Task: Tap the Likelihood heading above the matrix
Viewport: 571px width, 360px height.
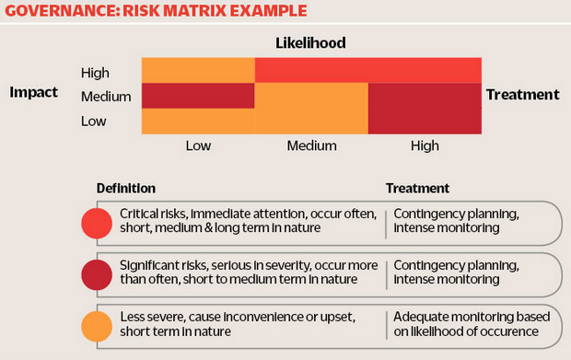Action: point(310,42)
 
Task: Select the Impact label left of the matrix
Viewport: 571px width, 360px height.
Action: point(33,93)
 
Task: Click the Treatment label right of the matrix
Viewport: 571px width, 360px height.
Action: point(522,94)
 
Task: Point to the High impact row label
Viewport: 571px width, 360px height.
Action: point(95,71)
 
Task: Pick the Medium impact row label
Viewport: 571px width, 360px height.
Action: point(106,97)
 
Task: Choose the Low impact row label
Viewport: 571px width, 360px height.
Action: point(93,122)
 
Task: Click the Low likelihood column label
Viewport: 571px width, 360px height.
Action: point(198,145)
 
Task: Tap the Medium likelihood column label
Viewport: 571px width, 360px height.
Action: point(311,145)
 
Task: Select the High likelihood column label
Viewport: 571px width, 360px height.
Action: point(425,145)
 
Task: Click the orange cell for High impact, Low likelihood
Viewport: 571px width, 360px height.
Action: point(197,70)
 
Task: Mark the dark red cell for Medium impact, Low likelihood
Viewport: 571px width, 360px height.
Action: point(197,96)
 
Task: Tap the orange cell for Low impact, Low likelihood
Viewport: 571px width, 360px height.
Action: point(197,122)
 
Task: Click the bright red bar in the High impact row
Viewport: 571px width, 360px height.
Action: point(368,70)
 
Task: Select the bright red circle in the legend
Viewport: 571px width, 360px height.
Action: point(97,223)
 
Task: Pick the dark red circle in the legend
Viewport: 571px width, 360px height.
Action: point(97,274)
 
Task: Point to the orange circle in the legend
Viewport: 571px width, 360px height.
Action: point(97,326)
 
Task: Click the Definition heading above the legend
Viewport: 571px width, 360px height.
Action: point(126,189)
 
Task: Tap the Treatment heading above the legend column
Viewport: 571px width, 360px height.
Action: point(417,189)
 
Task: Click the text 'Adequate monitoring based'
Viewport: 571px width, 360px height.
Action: point(469,316)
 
